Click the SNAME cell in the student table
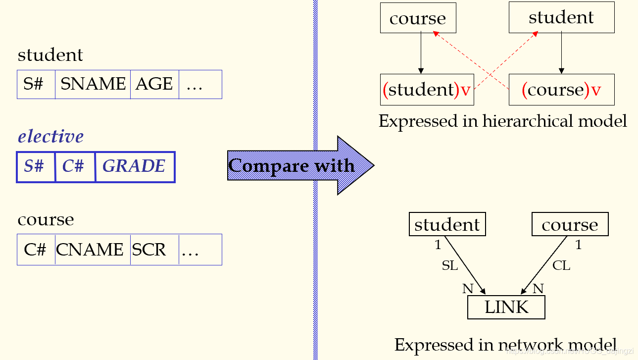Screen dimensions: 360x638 coord(93,84)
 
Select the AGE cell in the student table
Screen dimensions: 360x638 coord(154,84)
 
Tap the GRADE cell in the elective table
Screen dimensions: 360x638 coord(134,166)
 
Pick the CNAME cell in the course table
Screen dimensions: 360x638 coord(92,250)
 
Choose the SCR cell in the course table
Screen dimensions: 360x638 coord(154,250)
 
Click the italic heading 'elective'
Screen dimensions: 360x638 coord(50,136)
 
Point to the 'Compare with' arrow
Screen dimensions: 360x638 coord(297,165)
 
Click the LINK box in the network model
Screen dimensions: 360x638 coord(506,308)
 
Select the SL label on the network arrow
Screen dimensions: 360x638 coord(450,266)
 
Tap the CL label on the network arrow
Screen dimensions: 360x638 coord(561,266)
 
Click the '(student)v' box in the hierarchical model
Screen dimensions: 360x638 coord(427,90)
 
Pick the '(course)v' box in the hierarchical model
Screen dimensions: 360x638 coord(561,90)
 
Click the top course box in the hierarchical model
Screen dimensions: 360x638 coord(418,19)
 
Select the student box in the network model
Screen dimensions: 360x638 coord(447,225)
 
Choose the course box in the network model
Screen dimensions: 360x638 coord(570,225)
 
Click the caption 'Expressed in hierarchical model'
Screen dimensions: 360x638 coord(502,121)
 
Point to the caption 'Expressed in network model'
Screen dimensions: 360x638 coord(505,345)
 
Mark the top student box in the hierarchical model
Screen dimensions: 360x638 coord(561,18)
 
